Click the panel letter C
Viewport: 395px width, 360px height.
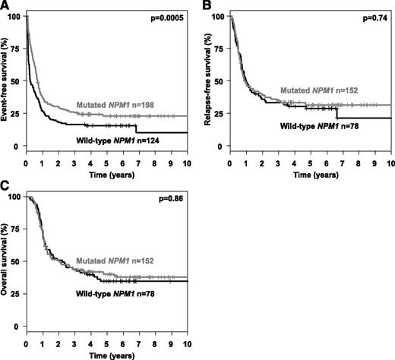pos(5,187)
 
